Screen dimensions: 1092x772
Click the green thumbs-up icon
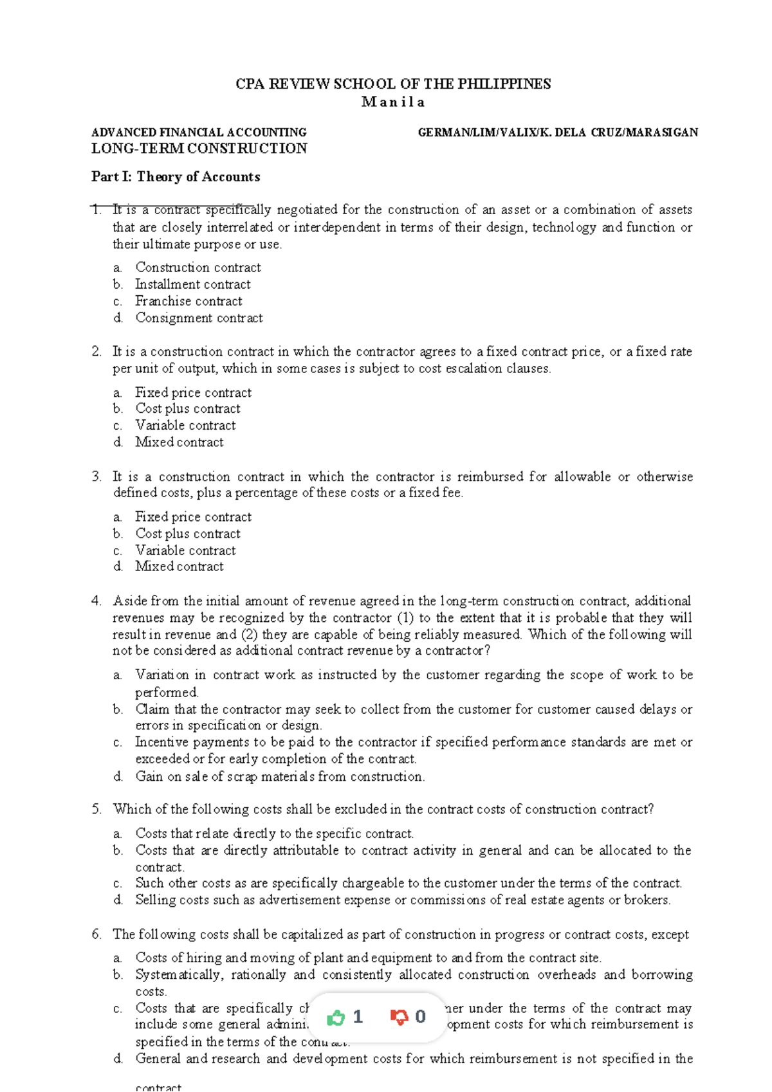[x=336, y=1017]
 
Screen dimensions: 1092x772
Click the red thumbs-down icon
[x=399, y=1017]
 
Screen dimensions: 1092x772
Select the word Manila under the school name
[x=393, y=102]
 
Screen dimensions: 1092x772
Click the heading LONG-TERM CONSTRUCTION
[x=199, y=149]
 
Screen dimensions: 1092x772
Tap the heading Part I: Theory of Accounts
[x=176, y=177]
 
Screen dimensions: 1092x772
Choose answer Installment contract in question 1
[x=192, y=284]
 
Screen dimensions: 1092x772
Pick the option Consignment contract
[x=199, y=318]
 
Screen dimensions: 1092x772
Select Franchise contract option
[x=188, y=301]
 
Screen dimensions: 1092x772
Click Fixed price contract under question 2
[x=193, y=392]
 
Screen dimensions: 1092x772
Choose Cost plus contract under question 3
[x=187, y=534]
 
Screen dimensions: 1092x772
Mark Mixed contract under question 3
[x=179, y=567]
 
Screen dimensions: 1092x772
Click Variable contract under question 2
[x=185, y=425]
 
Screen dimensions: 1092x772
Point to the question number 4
[x=96, y=601]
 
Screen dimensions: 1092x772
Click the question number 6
[x=96, y=934]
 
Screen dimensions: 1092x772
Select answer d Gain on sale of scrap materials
[x=280, y=777]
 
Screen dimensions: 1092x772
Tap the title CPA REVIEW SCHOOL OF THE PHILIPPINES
[x=393, y=84]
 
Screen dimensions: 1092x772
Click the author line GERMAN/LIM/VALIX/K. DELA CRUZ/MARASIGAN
[x=558, y=132]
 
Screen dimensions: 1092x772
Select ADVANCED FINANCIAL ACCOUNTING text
[x=199, y=132]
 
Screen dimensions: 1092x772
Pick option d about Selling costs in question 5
[x=403, y=900]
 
